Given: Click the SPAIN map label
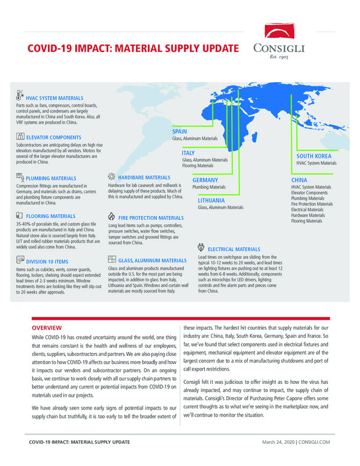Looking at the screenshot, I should pos(179,132).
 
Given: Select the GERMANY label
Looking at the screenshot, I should pos(205,180).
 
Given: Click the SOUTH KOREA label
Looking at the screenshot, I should pos(314,156).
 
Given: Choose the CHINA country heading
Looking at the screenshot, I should pos(299,181).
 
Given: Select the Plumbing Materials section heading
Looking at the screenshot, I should pos(51,178).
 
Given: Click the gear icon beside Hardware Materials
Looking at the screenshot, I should pos(112,176).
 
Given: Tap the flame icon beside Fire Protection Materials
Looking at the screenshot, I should pos(112,216).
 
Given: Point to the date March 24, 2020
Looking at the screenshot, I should pos(278,443).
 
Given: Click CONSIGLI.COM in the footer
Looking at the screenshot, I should pos(315,443).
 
